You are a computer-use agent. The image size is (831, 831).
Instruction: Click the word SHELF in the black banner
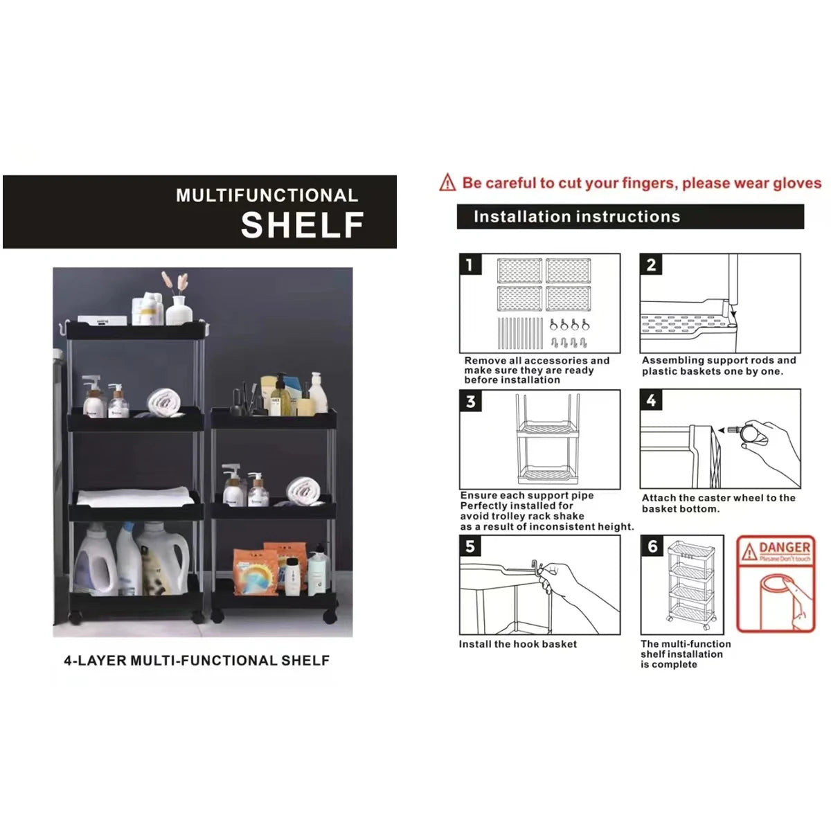click(302, 225)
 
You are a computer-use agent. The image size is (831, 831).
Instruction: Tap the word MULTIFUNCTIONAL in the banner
click(267, 195)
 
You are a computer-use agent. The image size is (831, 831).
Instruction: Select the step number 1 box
click(470, 265)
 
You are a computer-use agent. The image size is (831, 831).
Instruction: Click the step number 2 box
click(651, 265)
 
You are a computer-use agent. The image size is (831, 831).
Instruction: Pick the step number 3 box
click(471, 402)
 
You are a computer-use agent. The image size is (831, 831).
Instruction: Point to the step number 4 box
click(651, 400)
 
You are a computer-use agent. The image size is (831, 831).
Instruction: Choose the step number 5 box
click(470, 546)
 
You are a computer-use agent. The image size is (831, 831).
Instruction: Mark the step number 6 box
click(652, 546)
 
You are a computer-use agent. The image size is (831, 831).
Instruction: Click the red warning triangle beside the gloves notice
click(447, 183)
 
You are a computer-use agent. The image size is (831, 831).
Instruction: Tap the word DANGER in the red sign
click(784, 548)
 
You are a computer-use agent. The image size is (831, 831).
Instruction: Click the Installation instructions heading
click(576, 217)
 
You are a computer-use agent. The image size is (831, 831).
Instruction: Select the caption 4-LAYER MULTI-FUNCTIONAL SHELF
click(197, 661)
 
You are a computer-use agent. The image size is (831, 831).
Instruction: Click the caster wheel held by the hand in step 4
click(748, 434)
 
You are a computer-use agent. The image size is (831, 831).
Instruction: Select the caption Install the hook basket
click(517, 644)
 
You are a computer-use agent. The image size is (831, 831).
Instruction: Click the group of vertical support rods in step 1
click(519, 333)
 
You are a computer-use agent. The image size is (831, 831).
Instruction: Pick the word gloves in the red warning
click(796, 184)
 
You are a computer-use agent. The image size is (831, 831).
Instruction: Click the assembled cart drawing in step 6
click(690, 585)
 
